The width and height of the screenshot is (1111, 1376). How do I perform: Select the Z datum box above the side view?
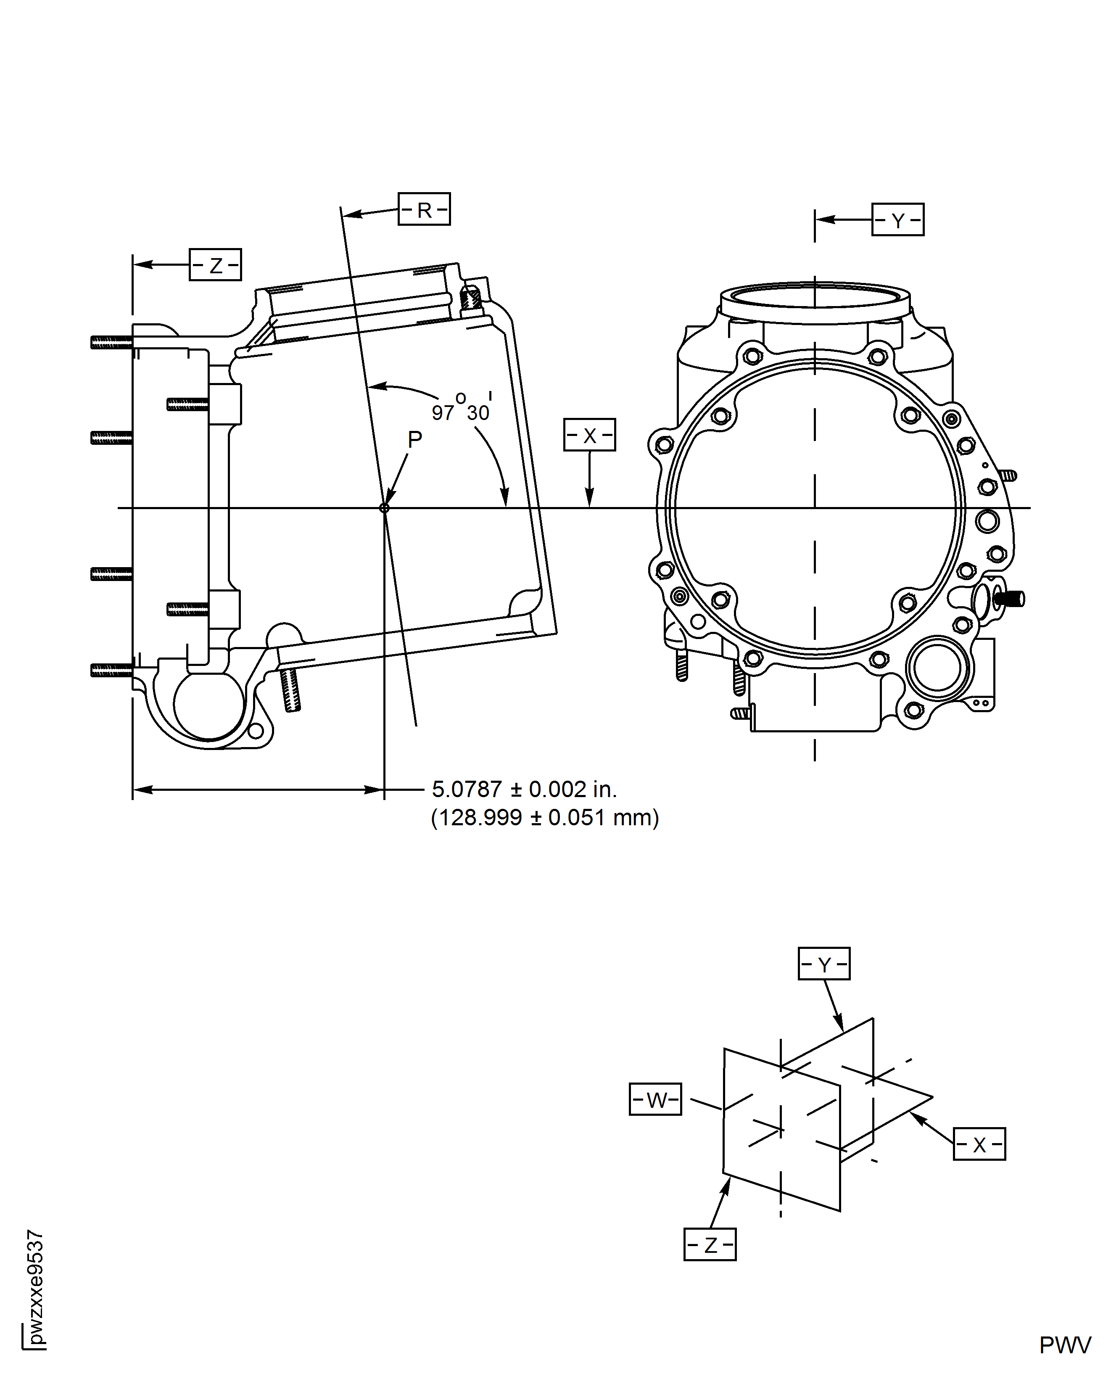click(215, 264)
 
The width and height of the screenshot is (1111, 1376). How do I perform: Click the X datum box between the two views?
click(589, 435)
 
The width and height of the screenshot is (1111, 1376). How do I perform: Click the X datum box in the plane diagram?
click(979, 1144)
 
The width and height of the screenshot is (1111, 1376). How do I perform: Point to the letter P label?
click(415, 439)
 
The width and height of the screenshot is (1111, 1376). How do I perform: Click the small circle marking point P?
click(384, 508)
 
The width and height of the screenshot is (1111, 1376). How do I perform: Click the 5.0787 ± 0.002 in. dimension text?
click(523, 789)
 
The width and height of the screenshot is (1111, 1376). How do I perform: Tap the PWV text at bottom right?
click(1064, 1345)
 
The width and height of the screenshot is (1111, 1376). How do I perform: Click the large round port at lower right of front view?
click(937, 668)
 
